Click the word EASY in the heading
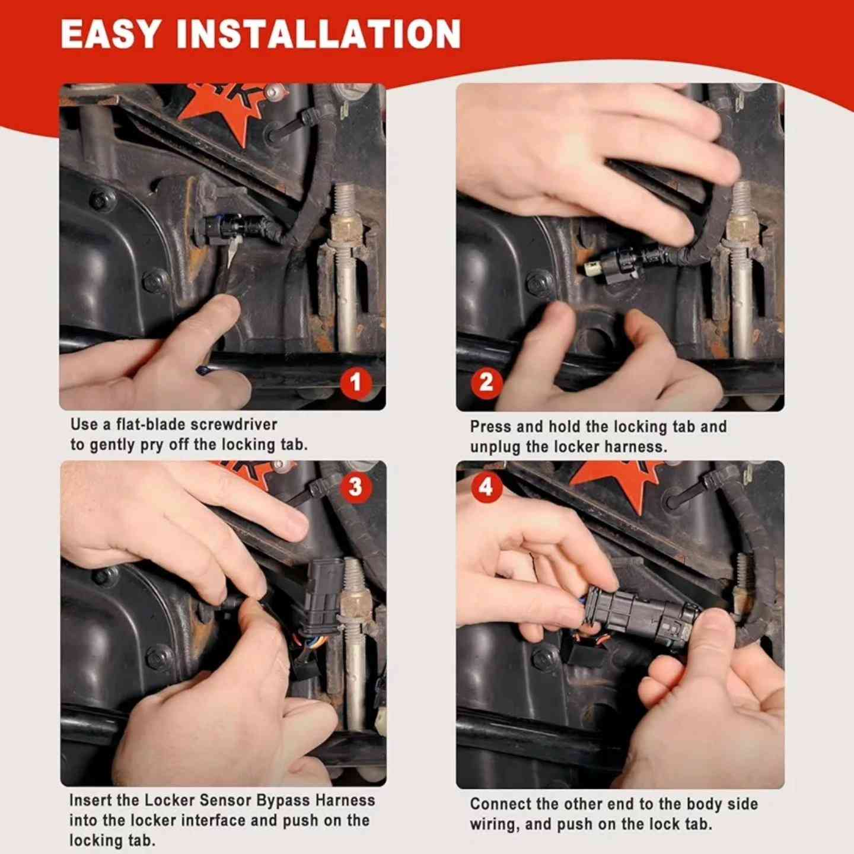pos(110,34)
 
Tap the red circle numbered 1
pos(355,383)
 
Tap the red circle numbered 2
pos(486,383)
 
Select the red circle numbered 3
pos(355,487)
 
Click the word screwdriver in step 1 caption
pos(234,425)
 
